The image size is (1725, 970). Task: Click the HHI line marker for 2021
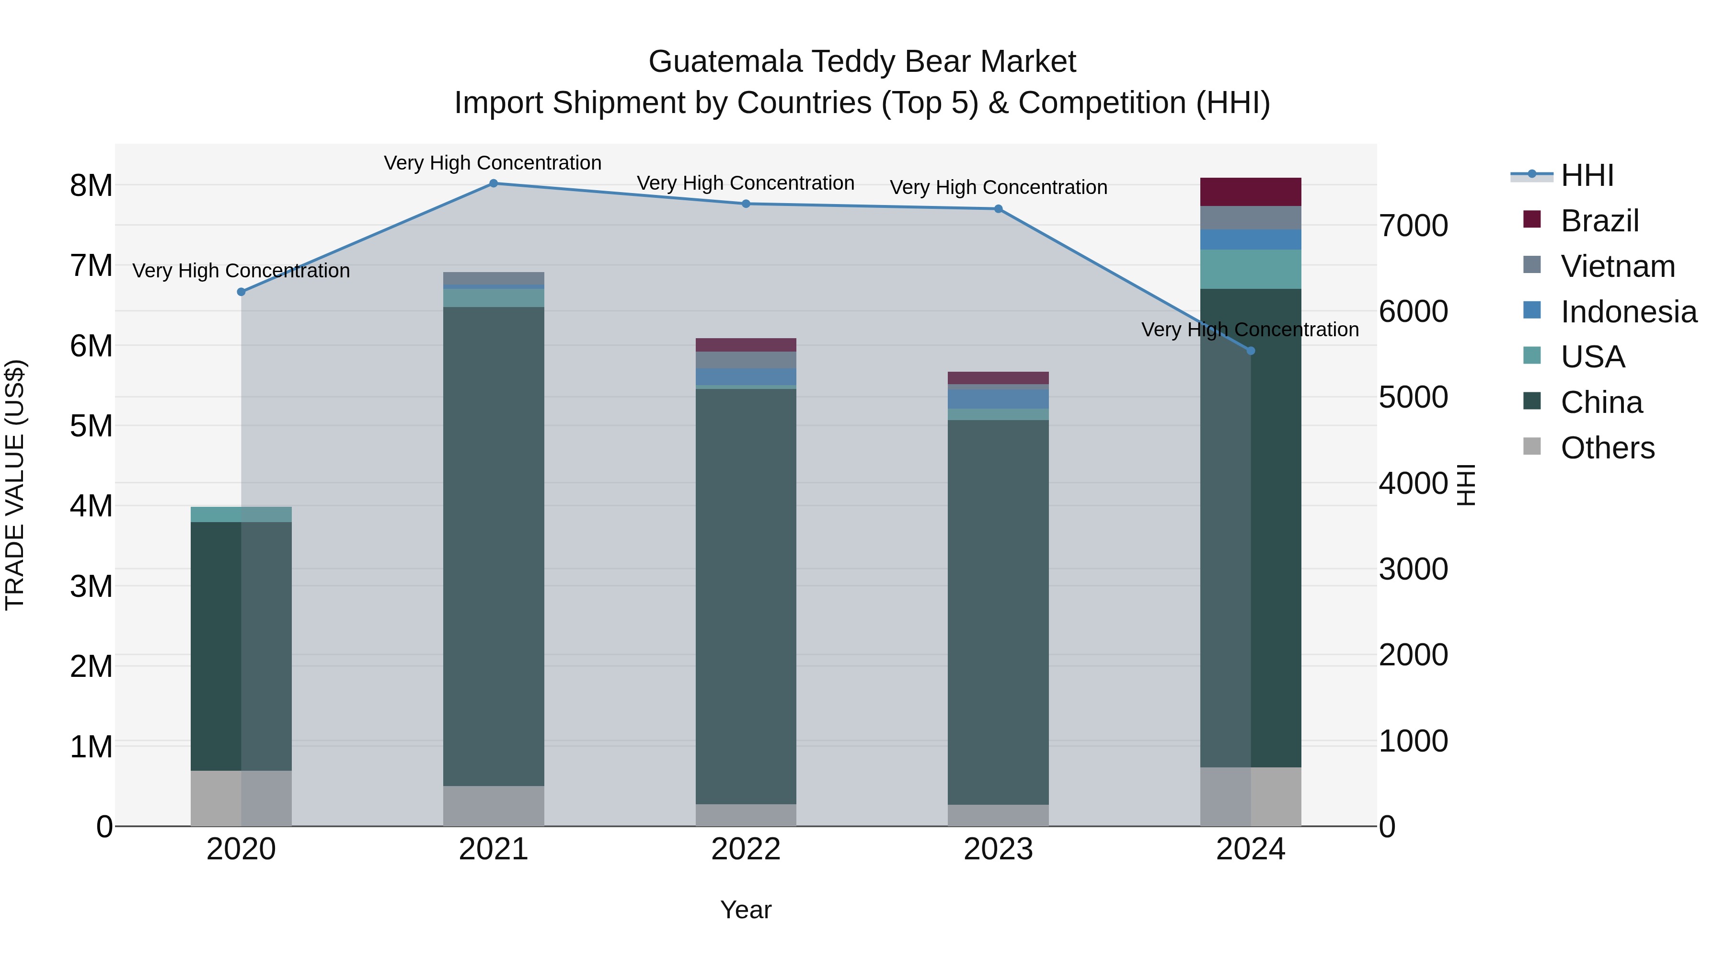click(x=494, y=183)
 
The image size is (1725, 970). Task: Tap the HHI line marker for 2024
click(x=1250, y=351)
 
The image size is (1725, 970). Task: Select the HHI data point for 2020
click(x=241, y=292)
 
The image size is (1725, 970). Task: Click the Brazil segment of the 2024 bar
click(x=1250, y=192)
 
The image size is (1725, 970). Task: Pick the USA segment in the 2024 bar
click(x=1250, y=269)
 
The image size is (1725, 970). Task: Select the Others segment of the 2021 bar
click(x=494, y=806)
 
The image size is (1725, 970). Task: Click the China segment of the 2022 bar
click(x=746, y=596)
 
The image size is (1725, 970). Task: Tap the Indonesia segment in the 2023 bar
click(x=998, y=399)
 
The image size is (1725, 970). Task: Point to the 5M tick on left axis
click(x=91, y=426)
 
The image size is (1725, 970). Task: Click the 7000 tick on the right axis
click(x=1413, y=226)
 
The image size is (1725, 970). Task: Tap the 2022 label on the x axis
click(x=746, y=849)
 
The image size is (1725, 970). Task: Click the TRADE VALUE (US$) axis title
click(x=15, y=485)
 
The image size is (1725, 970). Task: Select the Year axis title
click(x=746, y=910)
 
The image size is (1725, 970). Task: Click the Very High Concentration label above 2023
click(x=998, y=187)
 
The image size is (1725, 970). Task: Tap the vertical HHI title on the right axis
click(x=1467, y=485)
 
